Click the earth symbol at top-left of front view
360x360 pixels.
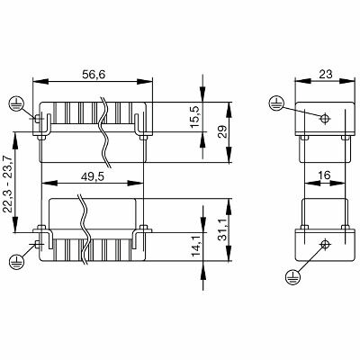point(14,103)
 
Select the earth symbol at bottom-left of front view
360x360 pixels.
point(14,261)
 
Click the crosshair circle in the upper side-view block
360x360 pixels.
point(324,117)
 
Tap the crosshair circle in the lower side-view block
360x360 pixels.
point(324,244)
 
